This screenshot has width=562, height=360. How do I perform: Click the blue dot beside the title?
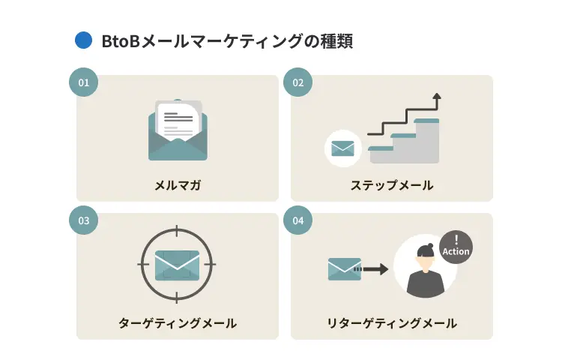click(x=83, y=40)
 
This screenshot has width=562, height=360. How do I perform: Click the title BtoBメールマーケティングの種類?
click(x=227, y=41)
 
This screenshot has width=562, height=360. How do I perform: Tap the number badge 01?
click(x=83, y=82)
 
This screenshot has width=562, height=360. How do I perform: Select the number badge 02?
click(x=297, y=82)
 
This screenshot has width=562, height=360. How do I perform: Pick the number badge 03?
click(x=83, y=220)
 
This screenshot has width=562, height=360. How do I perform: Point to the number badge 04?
click(x=297, y=220)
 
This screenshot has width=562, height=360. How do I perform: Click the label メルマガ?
click(x=178, y=185)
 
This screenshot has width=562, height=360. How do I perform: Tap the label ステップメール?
click(x=392, y=185)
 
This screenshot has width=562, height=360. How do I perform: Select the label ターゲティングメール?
click(x=178, y=323)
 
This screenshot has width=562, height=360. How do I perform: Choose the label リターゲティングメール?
click(x=392, y=323)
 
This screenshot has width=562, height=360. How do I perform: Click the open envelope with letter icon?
click(x=178, y=130)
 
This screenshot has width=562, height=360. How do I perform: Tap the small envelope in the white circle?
click(x=342, y=148)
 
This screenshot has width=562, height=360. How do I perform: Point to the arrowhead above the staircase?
click(x=437, y=96)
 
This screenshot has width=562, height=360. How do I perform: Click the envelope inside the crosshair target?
click(x=177, y=265)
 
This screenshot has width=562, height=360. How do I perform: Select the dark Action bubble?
click(x=456, y=247)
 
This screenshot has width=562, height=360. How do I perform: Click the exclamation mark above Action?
click(x=456, y=239)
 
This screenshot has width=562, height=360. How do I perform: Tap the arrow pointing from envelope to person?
click(x=372, y=269)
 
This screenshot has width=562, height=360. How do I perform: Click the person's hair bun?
click(x=430, y=246)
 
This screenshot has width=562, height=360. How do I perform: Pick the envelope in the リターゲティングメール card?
click(x=345, y=269)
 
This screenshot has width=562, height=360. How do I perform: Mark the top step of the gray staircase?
click(x=426, y=121)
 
